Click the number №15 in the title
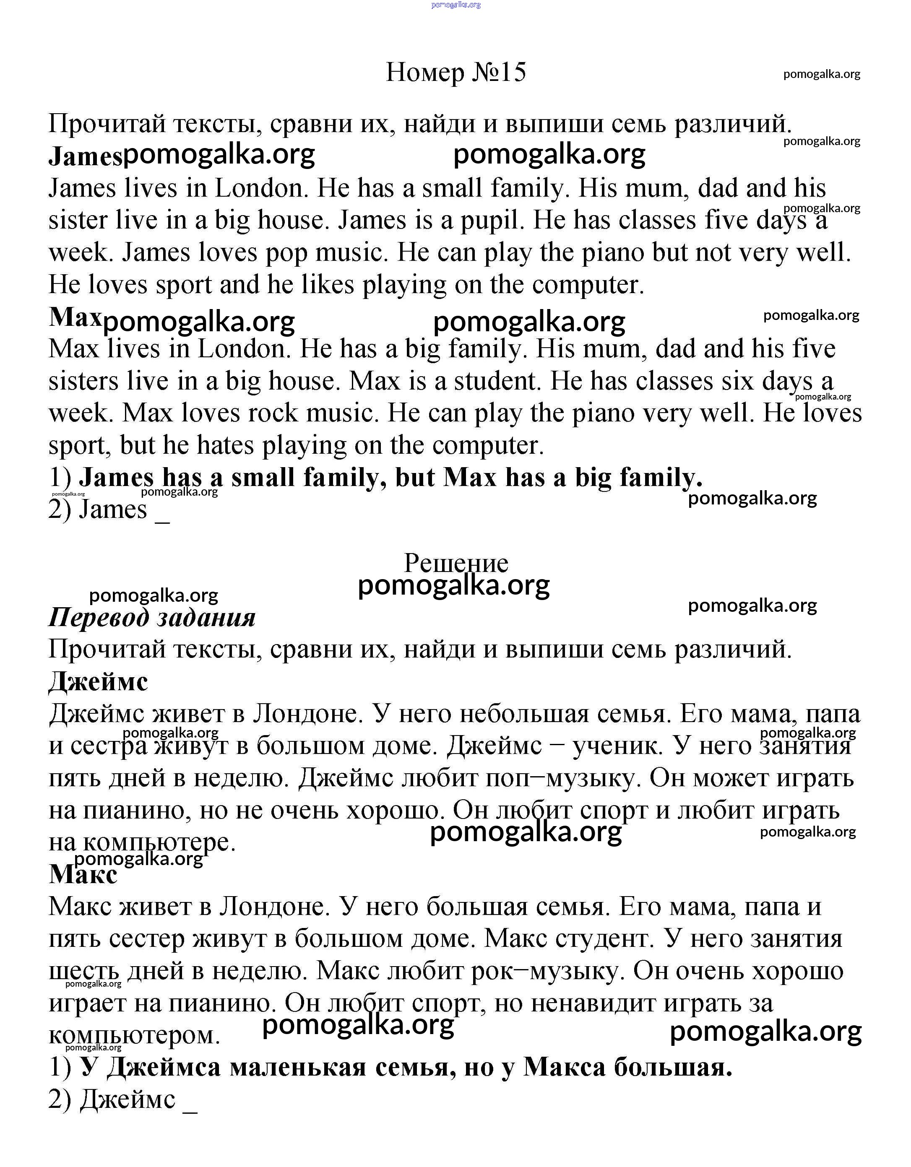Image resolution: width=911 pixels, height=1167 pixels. (499, 72)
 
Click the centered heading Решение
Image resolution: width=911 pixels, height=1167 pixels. (456, 563)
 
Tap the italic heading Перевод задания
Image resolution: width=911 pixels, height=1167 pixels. (152, 618)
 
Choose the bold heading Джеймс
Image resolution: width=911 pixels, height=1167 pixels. (98, 682)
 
